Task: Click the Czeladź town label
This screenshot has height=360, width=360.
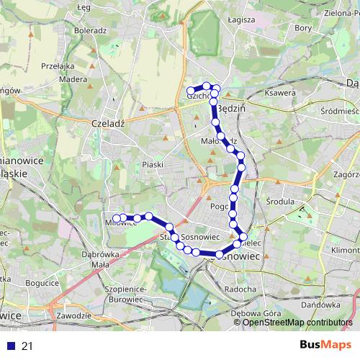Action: click(109, 123)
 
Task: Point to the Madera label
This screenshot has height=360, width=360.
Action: click(73, 80)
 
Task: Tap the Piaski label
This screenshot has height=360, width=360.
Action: click(153, 165)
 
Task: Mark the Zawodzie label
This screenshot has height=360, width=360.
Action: click(73, 315)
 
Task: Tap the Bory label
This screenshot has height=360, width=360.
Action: click(303, 28)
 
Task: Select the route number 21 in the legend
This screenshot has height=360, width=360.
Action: click(27, 346)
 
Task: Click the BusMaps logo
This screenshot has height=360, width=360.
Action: click(320, 345)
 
